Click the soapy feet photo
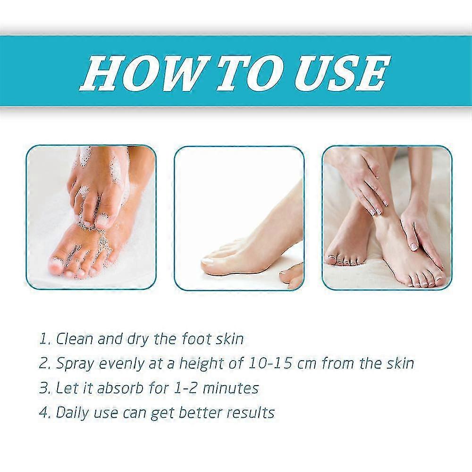pos(91,217)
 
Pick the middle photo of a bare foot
pos(239,217)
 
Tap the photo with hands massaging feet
pos(387,217)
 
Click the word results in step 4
pos(251,413)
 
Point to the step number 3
pos(44,388)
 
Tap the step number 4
pos(44,413)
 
